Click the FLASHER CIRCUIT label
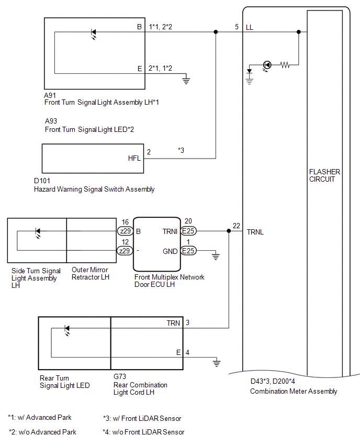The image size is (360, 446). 324,175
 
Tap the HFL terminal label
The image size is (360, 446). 134,158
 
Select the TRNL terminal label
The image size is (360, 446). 255,232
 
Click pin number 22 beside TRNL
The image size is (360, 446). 237,226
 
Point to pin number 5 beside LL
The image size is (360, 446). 237,27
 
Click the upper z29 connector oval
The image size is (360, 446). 125,231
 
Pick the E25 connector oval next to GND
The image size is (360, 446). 188,251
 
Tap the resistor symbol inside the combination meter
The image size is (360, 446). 285,65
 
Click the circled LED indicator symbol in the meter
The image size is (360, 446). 267,65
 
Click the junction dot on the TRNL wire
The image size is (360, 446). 229,231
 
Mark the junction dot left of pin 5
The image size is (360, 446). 216,32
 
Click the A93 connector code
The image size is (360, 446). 51,121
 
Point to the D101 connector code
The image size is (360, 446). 42,181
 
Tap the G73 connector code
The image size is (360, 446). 120,376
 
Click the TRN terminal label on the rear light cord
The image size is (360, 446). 174,323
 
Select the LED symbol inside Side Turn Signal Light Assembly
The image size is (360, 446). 38,232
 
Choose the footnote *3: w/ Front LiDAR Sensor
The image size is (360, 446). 142,418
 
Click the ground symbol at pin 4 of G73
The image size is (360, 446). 217,362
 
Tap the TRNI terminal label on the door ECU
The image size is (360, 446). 170,232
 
